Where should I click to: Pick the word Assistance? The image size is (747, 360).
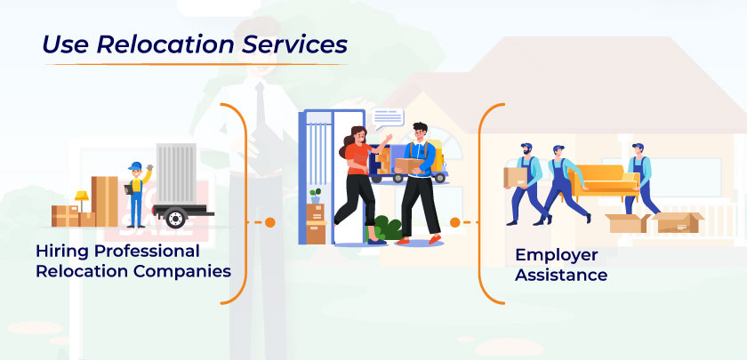click(561, 275)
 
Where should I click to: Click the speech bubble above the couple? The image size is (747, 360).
click(387, 116)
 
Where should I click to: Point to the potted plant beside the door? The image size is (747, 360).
click(315, 195)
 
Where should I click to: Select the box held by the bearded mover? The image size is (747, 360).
click(516, 176)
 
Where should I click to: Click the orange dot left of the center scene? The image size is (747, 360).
click(270, 221)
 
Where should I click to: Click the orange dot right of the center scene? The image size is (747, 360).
click(455, 221)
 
